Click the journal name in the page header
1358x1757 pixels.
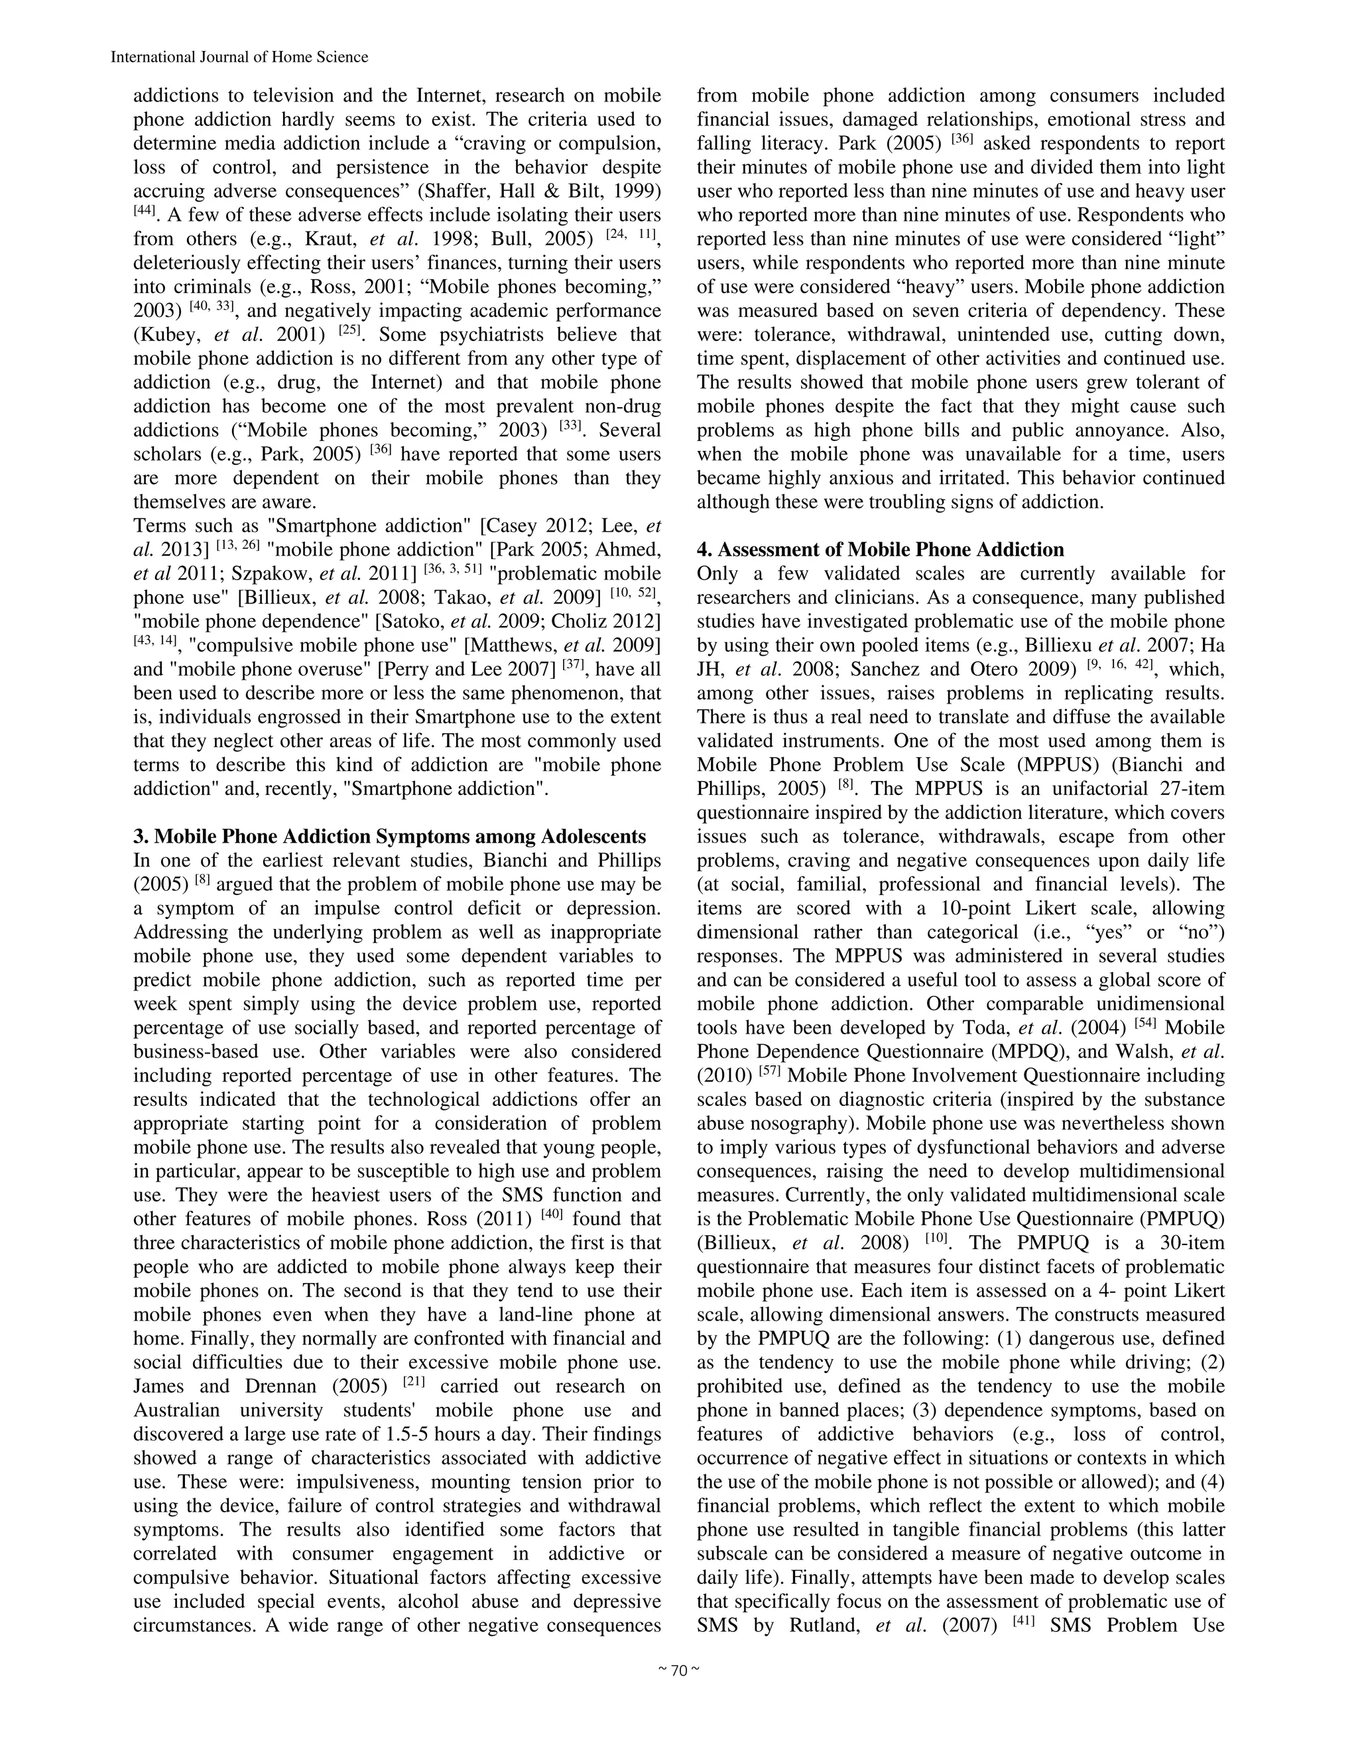pos(239,57)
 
